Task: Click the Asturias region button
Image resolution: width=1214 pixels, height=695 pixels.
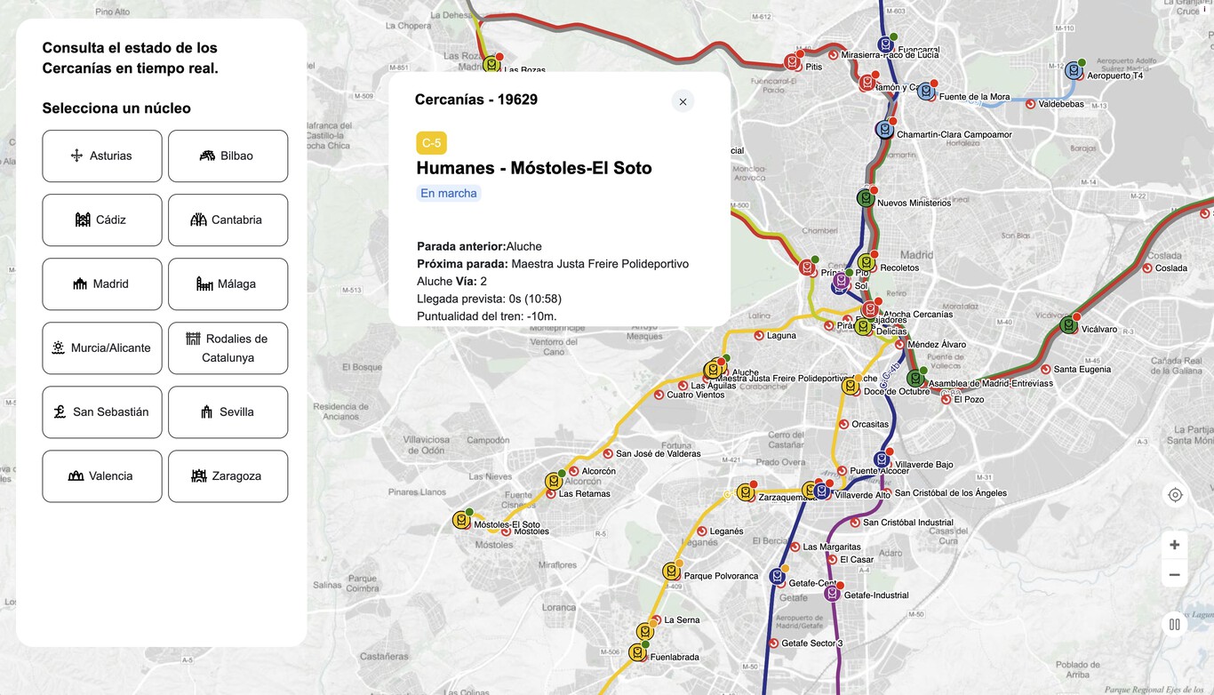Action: pos(102,156)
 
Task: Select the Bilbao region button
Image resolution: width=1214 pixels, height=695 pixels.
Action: pos(228,156)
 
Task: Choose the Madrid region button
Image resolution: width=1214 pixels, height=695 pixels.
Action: pos(102,284)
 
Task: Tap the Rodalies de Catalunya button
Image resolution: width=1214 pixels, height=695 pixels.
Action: pos(228,348)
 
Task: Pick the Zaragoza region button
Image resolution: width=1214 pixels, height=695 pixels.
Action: pos(228,476)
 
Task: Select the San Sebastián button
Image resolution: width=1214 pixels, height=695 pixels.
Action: pos(102,412)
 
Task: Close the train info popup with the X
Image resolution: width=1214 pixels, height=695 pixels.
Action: pos(683,101)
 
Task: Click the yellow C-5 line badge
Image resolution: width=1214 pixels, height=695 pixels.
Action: pos(431,143)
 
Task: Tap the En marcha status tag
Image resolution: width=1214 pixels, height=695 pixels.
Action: pos(449,194)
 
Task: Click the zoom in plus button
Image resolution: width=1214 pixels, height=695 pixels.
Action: pos(1175,545)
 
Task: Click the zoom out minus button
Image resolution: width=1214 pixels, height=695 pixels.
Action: pos(1175,575)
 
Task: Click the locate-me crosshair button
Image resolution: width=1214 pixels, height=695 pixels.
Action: pos(1175,495)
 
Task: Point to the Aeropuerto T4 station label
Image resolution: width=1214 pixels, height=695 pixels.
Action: pos(1114,76)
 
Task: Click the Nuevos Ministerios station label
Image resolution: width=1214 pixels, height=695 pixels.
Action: pos(914,204)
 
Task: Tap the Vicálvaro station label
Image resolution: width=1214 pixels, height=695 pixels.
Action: pos(1099,330)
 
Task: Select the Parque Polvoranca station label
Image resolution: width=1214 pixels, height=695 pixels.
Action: pos(721,576)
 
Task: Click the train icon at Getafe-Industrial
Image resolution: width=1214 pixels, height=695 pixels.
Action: pos(832,593)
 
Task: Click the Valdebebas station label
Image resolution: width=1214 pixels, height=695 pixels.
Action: pos(1061,104)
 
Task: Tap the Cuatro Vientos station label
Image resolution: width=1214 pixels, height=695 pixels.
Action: pos(695,395)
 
